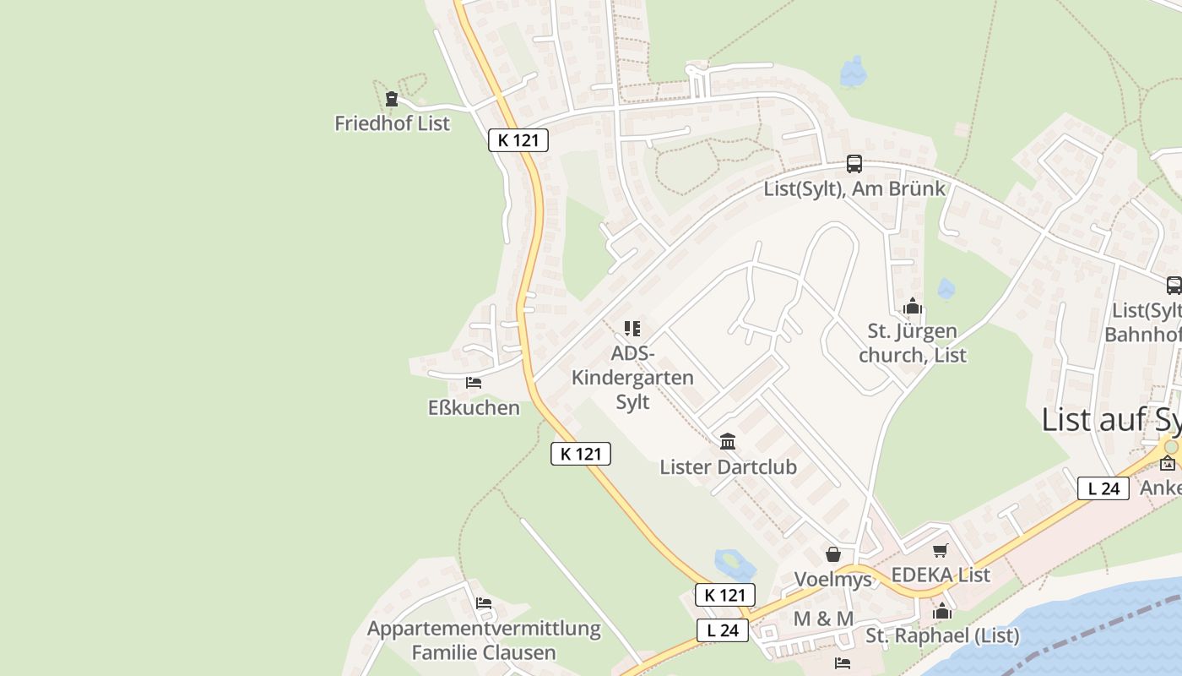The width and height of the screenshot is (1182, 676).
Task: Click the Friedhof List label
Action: pyautogui.click(x=392, y=123)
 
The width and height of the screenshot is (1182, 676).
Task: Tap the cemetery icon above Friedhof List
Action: pyautogui.click(x=391, y=99)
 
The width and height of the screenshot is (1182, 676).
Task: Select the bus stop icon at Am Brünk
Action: pyautogui.click(x=854, y=164)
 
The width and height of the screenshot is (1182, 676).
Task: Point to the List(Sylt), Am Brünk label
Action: pyautogui.click(x=854, y=188)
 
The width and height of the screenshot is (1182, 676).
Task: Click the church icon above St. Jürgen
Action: pyautogui.click(x=913, y=306)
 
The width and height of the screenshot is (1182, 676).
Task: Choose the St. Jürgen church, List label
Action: pyautogui.click(x=913, y=342)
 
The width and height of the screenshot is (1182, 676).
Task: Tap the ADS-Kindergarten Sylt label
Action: pyautogui.click(x=632, y=377)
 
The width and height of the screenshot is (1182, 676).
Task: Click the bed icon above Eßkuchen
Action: pyautogui.click(x=474, y=383)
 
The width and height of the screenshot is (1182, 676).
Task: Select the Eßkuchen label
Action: pyautogui.click(x=474, y=408)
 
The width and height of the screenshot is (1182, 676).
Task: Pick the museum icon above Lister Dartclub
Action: pyautogui.click(x=728, y=441)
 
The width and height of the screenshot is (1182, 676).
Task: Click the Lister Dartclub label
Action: pyautogui.click(x=728, y=467)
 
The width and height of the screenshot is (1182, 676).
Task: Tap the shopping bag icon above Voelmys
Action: pyautogui.click(x=833, y=554)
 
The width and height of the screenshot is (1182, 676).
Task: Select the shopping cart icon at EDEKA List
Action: pyautogui.click(x=941, y=551)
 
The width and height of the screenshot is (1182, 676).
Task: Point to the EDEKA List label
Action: pyautogui.click(x=941, y=575)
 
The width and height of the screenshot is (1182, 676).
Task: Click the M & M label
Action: pyautogui.click(x=823, y=619)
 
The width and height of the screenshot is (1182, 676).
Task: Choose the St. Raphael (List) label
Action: pyautogui.click(x=942, y=636)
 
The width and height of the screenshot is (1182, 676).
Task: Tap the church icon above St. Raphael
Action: pyautogui.click(x=942, y=611)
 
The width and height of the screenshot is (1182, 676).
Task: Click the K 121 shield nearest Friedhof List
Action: pyautogui.click(x=518, y=140)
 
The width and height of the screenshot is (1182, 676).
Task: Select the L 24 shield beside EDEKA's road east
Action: pyautogui.click(x=1103, y=488)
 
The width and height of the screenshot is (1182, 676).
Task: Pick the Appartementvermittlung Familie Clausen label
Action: pyautogui.click(x=484, y=641)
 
